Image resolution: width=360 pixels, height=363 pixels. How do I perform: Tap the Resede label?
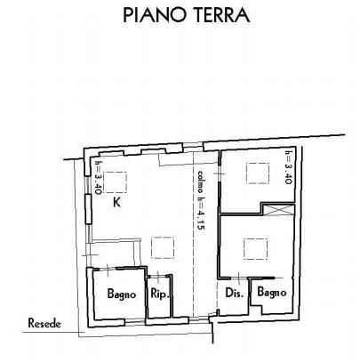(44, 323)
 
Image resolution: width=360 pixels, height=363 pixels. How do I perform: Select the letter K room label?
(116, 202)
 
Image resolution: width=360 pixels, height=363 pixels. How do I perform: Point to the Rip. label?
(160, 294)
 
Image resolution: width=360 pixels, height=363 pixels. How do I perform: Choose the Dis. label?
(235, 293)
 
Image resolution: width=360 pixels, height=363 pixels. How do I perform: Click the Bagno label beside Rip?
(122, 294)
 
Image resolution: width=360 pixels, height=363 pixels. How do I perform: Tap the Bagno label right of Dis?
(272, 292)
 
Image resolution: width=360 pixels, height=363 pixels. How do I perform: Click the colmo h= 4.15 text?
(201, 200)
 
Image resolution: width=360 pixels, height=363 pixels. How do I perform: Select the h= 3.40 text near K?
(98, 178)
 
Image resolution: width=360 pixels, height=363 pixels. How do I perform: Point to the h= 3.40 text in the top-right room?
(289, 167)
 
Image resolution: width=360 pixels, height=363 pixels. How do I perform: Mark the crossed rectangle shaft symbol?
(279, 210)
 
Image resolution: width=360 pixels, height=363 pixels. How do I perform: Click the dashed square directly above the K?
(116, 181)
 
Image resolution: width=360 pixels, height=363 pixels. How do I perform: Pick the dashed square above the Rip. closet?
(163, 247)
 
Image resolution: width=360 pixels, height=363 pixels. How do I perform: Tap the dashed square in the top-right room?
(258, 173)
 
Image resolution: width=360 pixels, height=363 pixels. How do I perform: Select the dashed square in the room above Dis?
(256, 249)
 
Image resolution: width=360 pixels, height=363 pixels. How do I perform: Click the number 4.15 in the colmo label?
(201, 220)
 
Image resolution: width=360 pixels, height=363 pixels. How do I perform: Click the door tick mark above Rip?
(158, 277)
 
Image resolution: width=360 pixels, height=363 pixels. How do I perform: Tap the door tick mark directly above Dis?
(239, 278)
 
